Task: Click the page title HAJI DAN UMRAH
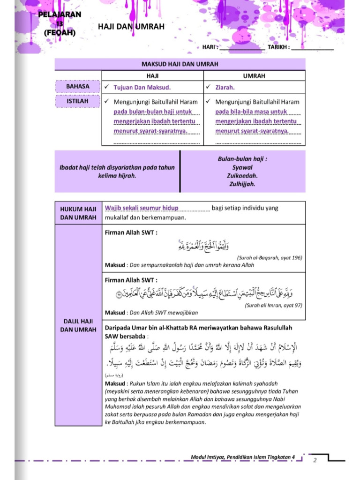click(131, 27)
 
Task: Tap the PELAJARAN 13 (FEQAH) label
click(60, 23)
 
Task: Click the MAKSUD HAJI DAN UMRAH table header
click(180, 64)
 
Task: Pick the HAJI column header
click(153, 75)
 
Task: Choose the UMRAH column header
click(254, 75)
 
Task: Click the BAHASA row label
click(77, 87)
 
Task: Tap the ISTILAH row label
click(77, 101)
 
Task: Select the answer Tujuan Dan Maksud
click(142, 87)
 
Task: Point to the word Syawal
click(242, 167)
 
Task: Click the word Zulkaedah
click(242, 176)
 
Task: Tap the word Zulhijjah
click(242, 184)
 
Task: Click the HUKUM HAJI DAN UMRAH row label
click(78, 213)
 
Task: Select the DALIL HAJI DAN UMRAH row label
click(78, 325)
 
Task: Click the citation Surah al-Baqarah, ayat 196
click(270, 257)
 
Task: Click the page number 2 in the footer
click(315, 460)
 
